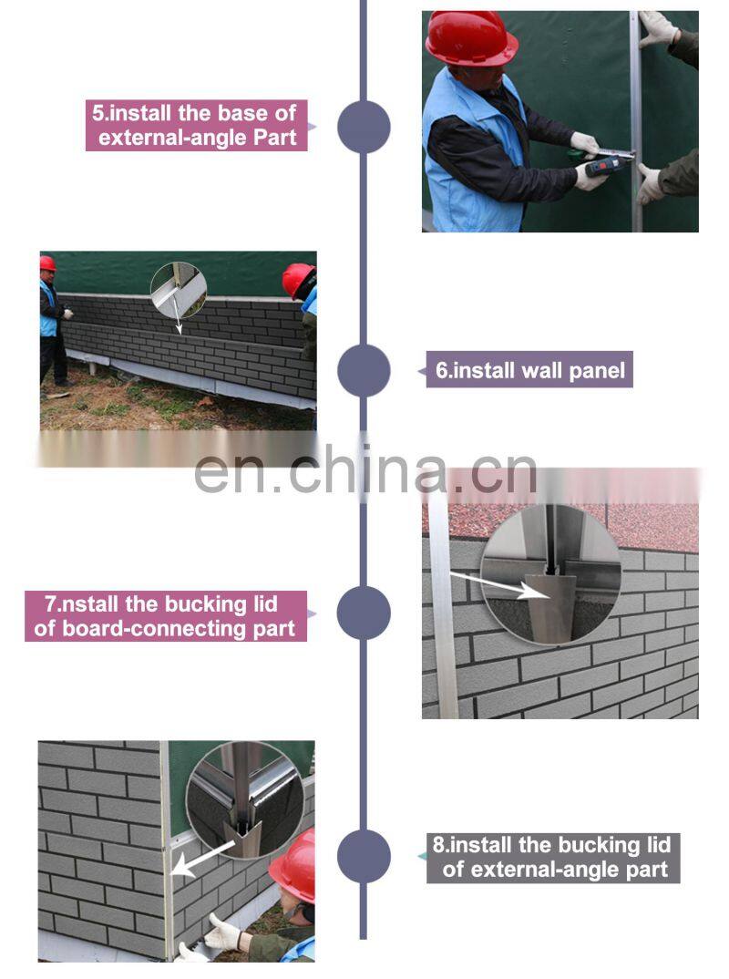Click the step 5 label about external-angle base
(x=197, y=125)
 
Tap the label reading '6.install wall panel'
(x=529, y=369)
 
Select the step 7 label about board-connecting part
(x=166, y=615)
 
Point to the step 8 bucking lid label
(x=553, y=857)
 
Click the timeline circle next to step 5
(x=364, y=127)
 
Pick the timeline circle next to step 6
(x=364, y=370)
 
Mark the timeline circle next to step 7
(x=364, y=613)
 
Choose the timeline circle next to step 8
(x=364, y=856)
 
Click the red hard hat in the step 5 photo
(x=471, y=38)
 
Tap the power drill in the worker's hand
(x=605, y=164)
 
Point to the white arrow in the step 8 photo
(x=202, y=856)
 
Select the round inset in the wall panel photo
(x=179, y=290)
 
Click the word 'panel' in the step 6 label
(x=597, y=370)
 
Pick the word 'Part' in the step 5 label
(x=275, y=138)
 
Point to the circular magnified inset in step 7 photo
(x=550, y=573)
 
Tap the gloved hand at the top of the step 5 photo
(x=657, y=28)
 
